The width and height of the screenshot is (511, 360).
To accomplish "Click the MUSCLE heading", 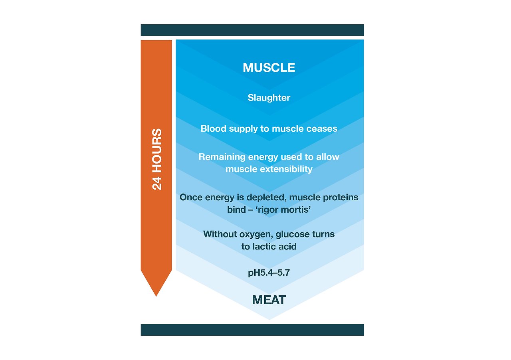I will [x=269, y=68].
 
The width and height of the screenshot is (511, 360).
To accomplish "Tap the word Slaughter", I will [x=269, y=98].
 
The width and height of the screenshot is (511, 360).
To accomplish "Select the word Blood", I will [x=212, y=129].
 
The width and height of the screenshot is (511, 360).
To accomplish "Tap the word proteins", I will [x=341, y=198].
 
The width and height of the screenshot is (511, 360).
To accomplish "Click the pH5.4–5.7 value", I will [x=269, y=274].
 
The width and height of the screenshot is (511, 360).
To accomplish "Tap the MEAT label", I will [x=269, y=300].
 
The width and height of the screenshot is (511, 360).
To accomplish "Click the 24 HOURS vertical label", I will [x=157, y=159].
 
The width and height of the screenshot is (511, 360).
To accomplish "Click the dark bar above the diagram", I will [x=252, y=30].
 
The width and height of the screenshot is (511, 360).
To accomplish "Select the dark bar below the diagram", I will [x=252, y=330].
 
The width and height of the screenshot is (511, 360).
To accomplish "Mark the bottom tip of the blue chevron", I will [x=269, y=318].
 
